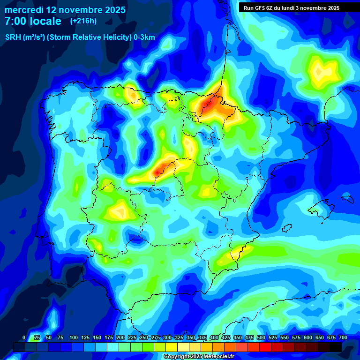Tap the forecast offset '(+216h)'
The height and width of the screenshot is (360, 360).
pyautogui.click(x=83, y=21)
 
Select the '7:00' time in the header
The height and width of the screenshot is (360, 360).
pyautogui.click(x=15, y=21)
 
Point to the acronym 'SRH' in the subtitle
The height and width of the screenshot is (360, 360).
pyautogui.click(x=13, y=37)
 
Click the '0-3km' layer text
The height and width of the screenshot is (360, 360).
pyautogui.click(x=144, y=37)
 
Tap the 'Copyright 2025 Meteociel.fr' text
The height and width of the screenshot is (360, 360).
pyautogui.click(x=199, y=357)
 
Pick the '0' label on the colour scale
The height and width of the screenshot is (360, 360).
pyautogui.click(x=23, y=337)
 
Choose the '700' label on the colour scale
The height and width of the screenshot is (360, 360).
pyautogui.click(x=343, y=337)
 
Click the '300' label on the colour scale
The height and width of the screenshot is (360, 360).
pyautogui.click(x=167, y=337)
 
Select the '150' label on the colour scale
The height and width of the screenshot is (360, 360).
pyautogui.click(x=97, y=337)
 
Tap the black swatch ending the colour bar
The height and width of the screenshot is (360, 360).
pyautogui.click(x=336, y=347)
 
